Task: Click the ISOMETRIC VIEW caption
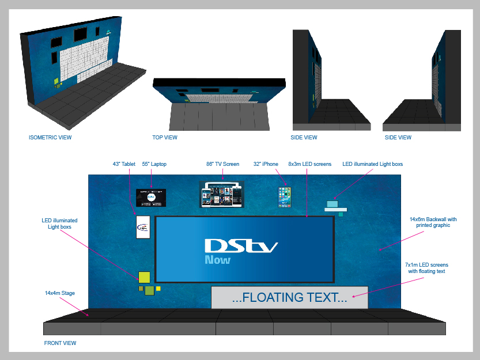[x=50, y=138]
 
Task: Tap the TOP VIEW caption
[x=165, y=138]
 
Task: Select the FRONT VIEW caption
[x=60, y=343]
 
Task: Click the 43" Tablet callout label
[x=124, y=164]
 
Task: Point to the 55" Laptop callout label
[x=154, y=164]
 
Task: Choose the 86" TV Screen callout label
[x=222, y=164]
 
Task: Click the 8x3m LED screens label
[x=309, y=164]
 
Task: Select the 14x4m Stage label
[x=60, y=293]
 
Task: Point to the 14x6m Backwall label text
[x=433, y=222]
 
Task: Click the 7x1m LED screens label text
[x=426, y=267]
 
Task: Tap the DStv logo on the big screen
[x=241, y=247]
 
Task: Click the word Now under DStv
[x=217, y=260]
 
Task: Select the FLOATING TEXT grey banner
[x=289, y=297]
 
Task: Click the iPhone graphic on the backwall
[x=285, y=197]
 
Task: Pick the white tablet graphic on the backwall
[x=143, y=227]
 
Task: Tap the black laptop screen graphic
[x=152, y=197]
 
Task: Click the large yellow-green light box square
[x=143, y=277]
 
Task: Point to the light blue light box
[x=332, y=203]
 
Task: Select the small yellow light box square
[x=158, y=288]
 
